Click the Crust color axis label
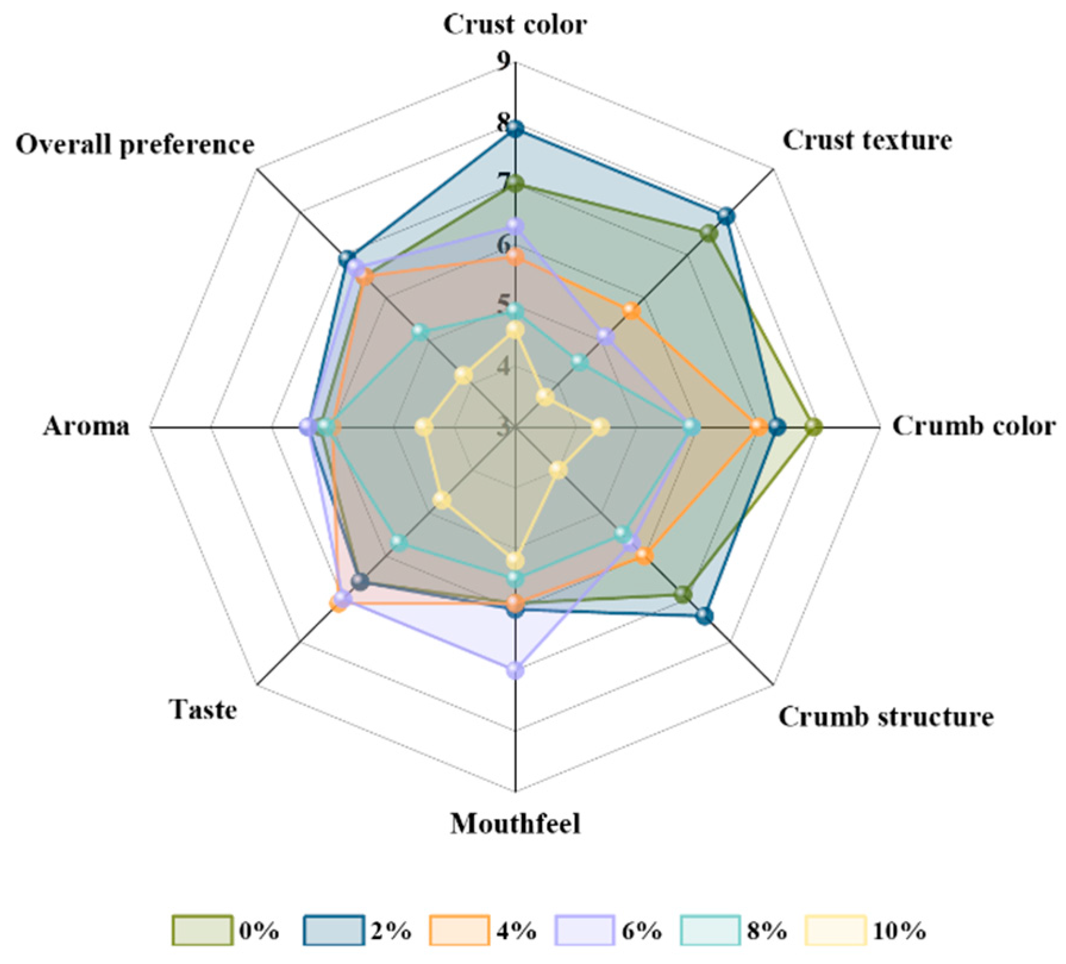point(515,25)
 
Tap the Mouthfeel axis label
point(515,824)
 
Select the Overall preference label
point(135,145)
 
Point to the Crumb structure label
point(886,717)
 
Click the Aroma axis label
point(86,426)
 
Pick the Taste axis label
point(203,709)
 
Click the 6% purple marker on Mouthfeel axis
point(516,670)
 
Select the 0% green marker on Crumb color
point(814,426)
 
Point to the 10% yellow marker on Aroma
point(424,427)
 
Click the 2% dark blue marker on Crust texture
point(726,216)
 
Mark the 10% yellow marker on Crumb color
point(600,427)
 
